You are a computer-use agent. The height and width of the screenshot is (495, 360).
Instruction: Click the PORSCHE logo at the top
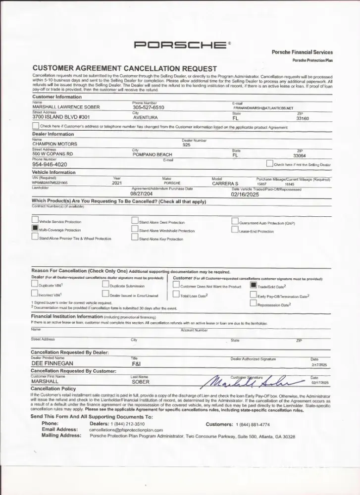coord(180,46)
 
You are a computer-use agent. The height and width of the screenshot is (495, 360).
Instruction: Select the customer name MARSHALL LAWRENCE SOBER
coord(66,107)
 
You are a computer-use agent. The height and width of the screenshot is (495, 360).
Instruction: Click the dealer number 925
coord(186,145)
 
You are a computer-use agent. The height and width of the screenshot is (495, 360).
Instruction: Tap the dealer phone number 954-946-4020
coord(50,164)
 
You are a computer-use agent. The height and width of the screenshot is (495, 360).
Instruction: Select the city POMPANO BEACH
coord(152,154)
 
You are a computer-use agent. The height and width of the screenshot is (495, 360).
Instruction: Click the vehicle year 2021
coord(117,183)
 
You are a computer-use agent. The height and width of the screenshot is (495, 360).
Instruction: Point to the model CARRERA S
coord(225,183)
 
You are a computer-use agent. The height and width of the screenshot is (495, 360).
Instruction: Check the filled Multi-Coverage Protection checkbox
coord(35,229)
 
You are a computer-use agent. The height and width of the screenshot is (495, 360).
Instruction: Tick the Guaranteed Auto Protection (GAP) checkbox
coord(235,222)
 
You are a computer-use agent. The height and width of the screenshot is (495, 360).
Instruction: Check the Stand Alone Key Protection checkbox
coord(135,238)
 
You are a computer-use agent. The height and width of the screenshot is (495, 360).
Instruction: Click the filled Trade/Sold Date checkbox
coord(253,285)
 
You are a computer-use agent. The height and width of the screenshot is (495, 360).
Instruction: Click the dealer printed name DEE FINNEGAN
coord(52,363)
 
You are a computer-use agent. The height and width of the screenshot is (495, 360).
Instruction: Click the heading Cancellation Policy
coord(53,389)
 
